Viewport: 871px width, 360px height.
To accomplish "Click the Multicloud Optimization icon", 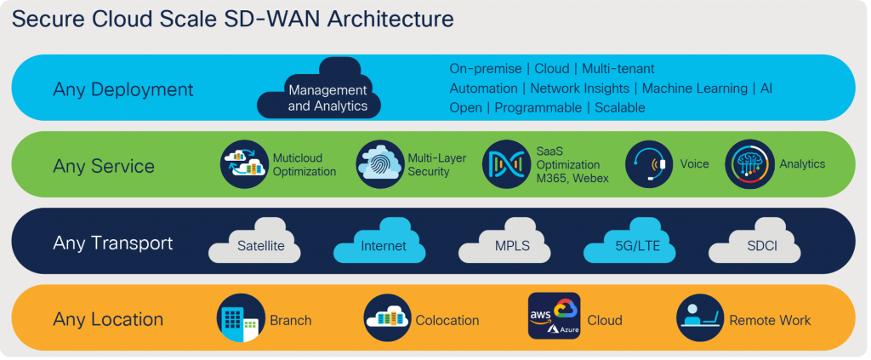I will pyautogui.click(x=244, y=164).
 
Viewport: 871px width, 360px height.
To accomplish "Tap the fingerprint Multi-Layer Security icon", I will pyautogui.click(x=380, y=164).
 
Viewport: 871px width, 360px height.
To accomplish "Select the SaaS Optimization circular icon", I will pyautogui.click(x=506, y=164).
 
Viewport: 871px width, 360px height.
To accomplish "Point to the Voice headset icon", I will pyautogui.click(x=649, y=164).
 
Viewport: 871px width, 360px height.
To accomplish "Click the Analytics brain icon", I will pyautogui.click(x=749, y=164).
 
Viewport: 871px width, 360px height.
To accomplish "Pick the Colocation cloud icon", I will pyautogui.click(x=387, y=318).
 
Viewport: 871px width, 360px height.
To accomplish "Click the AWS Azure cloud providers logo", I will pyautogui.click(x=554, y=317).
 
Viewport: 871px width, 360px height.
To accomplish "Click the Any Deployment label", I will pyautogui.click(x=123, y=89).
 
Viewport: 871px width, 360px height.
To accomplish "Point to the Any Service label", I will pyautogui.click(x=104, y=166).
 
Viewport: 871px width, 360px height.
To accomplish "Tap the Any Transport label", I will pyautogui.click(x=113, y=243).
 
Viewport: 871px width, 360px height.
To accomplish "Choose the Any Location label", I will pyautogui.click(x=108, y=320).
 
